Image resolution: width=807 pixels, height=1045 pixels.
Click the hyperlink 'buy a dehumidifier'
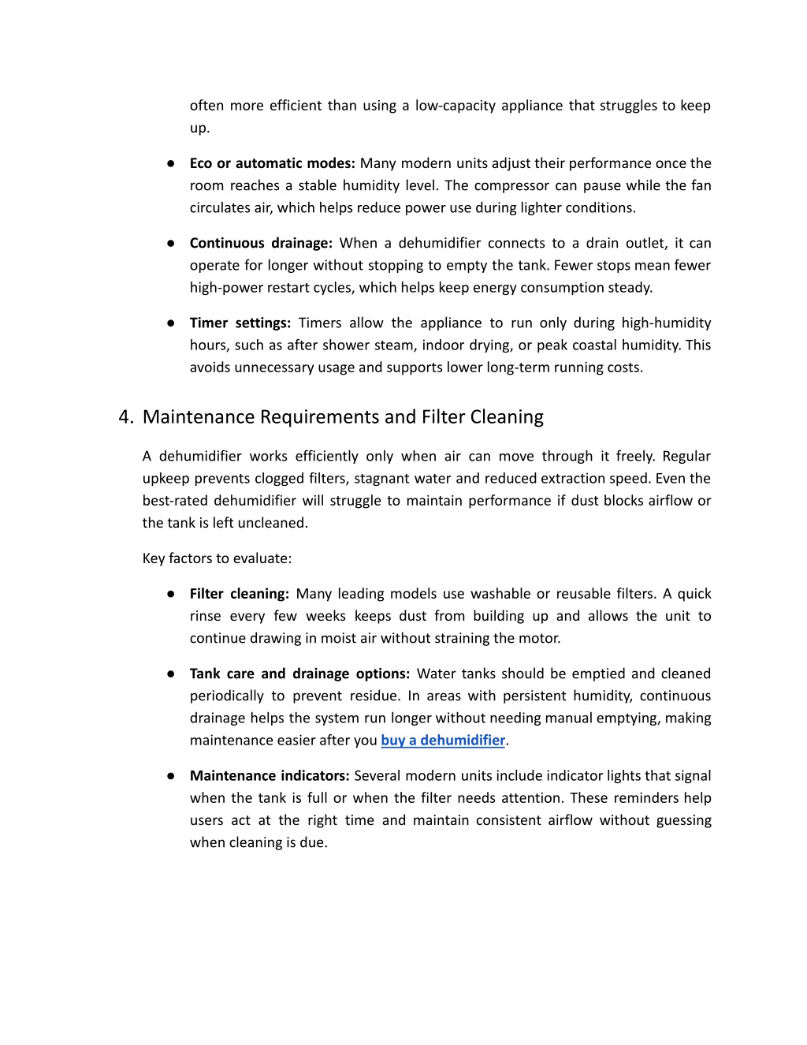click(443, 741)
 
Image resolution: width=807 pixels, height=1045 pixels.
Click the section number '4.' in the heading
click(126, 417)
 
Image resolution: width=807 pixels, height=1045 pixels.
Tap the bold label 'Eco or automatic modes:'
click(272, 163)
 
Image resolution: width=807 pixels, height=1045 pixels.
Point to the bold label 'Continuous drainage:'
click(261, 243)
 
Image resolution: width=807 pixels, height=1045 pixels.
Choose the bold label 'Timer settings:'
click(240, 323)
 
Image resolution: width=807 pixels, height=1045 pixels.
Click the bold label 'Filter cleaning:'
click(240, 594)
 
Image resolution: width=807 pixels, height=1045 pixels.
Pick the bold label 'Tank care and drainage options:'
click(299, 674)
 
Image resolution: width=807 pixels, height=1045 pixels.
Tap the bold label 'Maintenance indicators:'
click(270, 776)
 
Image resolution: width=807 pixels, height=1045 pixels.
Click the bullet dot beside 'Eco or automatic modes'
click(170, 163)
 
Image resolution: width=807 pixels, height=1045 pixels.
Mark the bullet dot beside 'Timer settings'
click(170, 323)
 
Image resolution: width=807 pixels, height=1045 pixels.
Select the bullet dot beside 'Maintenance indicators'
click(170, 776)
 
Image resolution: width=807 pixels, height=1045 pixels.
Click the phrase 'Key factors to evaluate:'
click(217, 558)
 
